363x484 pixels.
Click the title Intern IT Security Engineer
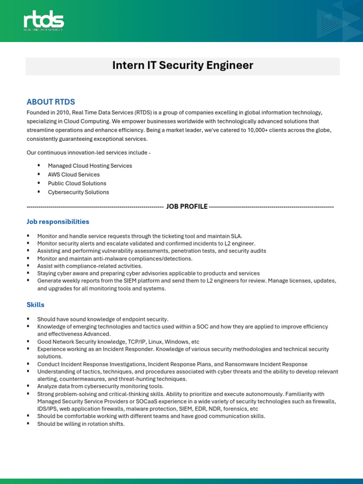pyautogui.click(x=182, y=66)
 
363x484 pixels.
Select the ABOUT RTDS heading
pyautogui.click(x=51, y=102)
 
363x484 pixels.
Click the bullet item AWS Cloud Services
pyautogui.click(x=74, y=174)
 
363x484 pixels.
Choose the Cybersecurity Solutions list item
pyautogui.click(x=78, y=192)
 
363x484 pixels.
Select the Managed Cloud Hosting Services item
pyautogui.click(x=90, y=166)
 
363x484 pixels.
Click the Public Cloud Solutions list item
pyautogui.click(x=77, y=183)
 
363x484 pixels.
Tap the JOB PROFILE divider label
pyautogui.click(x=187, y=207)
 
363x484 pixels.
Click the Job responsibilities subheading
pyautogui.click(x=58, y=222)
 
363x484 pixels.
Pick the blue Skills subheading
pyautogui.click(x=35, y=305)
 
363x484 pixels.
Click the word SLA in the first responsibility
pyautogui.click(x=235, y=236)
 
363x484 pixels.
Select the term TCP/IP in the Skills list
pyautogui.click(x=137, y=342)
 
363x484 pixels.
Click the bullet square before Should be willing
pyautogui.click(x=28, y=423)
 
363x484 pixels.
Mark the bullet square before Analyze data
pyautogui.click(x=28, y=386)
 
